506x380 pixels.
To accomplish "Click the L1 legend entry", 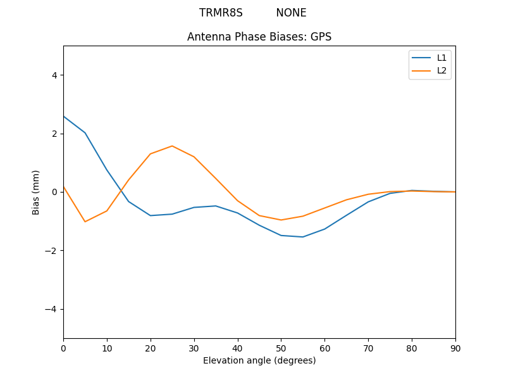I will coord(441,58).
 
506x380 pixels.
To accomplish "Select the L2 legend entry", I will coord(441,70).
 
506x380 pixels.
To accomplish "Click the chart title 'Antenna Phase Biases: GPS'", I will coord(259,37).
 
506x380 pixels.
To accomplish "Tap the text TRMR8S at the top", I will coord(221,13).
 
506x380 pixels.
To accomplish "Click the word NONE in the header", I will coord(291,13).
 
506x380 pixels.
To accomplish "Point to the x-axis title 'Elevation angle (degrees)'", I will coord(259,361).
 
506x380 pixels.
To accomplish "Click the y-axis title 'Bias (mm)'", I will coord(36,192).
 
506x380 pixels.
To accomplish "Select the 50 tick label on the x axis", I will coord(281,348).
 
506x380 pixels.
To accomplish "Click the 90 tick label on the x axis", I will coord(455,348).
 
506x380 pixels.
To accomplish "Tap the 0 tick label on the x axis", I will coord(63,348).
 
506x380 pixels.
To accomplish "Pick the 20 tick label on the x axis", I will coord(151,348).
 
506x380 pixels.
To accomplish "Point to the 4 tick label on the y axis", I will coord(54,75).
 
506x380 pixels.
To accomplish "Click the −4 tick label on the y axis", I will coord(52,309).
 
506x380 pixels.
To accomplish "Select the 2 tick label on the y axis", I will coord(54,134).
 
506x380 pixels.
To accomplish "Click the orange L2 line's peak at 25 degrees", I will coord(172,146).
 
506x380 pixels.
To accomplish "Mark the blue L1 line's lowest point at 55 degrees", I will coord(303,237).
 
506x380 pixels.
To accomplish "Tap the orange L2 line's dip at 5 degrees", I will coord(85,222).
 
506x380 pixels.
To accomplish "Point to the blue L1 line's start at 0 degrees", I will coord(64,117).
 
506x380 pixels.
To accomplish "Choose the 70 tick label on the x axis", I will coord(368,348).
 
